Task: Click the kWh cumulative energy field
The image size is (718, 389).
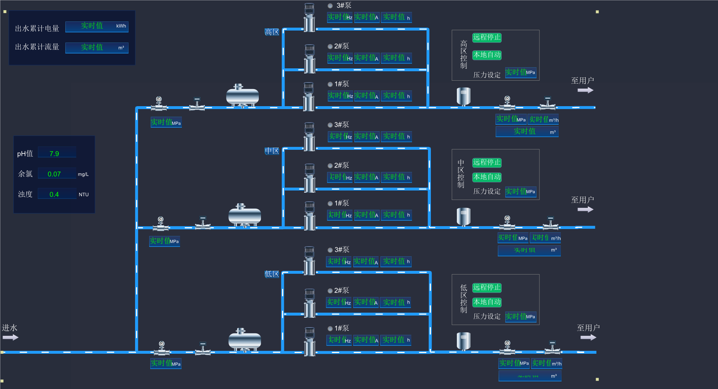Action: coord(97,26)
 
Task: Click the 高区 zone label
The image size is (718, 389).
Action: coord(272,32)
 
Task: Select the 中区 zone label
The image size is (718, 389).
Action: coord(272,151)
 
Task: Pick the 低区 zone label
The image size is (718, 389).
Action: coord(272,274)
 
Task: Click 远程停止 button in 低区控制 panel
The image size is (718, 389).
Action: coord(487,288)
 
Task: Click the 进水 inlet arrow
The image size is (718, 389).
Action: coord(10,337)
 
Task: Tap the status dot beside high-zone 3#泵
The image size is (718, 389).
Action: coord(330,6)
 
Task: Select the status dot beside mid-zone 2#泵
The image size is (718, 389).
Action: coord(330,166)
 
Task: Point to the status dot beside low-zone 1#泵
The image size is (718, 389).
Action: coord(330,329)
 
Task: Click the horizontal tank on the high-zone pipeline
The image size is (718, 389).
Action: coord(242,96)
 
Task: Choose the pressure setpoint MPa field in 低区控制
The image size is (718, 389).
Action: coord(521,317)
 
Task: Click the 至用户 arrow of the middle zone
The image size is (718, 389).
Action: coord(585,209)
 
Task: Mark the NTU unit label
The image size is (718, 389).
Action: coord(83,194)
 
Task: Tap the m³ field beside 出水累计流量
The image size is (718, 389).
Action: coord(97,48)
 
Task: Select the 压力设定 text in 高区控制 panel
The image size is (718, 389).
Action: coord(487,75)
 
